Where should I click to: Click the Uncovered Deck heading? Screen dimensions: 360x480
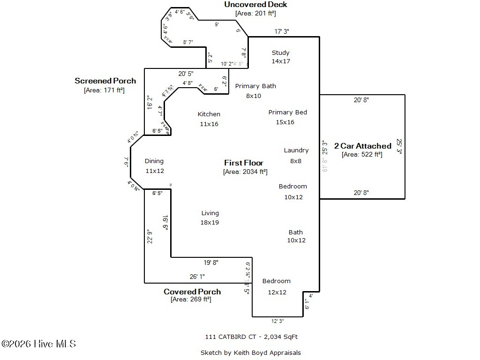pyautogui.click(x=255, y=5)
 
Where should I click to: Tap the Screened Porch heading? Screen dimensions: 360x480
pyautogui.click(x=105, y=81)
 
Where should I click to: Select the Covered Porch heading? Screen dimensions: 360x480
pyautogui.click(x=192, y=292)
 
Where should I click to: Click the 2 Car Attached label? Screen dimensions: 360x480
pyautogui.click(x=362, y=146)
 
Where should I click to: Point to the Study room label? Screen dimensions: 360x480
pyautogui.click(x=280, y=53)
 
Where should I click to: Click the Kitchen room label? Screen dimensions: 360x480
pyautogui.click(x=209, y=114)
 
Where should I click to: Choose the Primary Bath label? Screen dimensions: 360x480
pyautogui.click(x=255, y=86)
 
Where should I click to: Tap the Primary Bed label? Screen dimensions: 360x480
pyautogui.click(x=287, y=112)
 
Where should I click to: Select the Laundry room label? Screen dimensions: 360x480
pyautogui.click(x=296, y=150)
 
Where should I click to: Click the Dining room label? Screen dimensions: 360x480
pyautogui.click(x=154, y=161)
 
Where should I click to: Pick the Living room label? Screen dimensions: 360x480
pyautogui.click(x=210, y=213)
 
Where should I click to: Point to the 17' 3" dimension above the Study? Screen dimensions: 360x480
pyautogui.click(x=282, y=31)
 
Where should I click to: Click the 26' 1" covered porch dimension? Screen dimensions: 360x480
pyautogui.click(x=197, y=277)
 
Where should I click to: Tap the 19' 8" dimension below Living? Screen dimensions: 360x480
pyautogui.click(x=211, y=262)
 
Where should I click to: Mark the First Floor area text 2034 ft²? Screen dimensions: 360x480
pyautogui.click(x=245, y=172)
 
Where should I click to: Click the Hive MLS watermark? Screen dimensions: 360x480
pyautogui.click(x=38, y=344)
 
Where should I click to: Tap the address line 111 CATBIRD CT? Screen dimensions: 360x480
pyautogui.click(x=251, y=337)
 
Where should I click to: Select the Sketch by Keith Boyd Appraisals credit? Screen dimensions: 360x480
pyautogui.click(x=250, y=352)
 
